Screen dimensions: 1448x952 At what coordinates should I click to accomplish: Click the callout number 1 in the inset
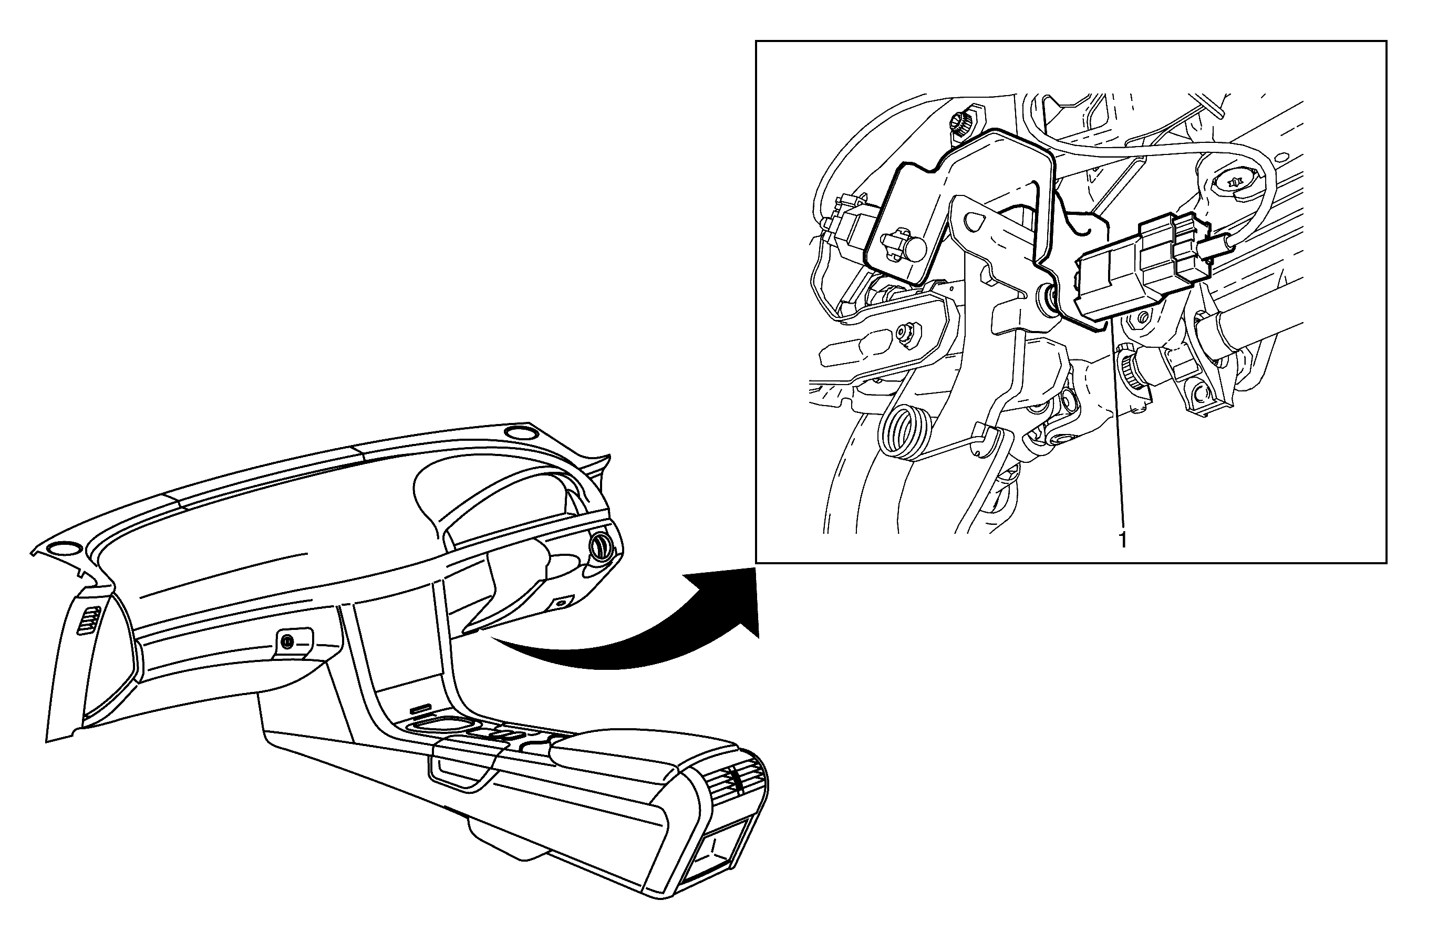(x=1122, y=540)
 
